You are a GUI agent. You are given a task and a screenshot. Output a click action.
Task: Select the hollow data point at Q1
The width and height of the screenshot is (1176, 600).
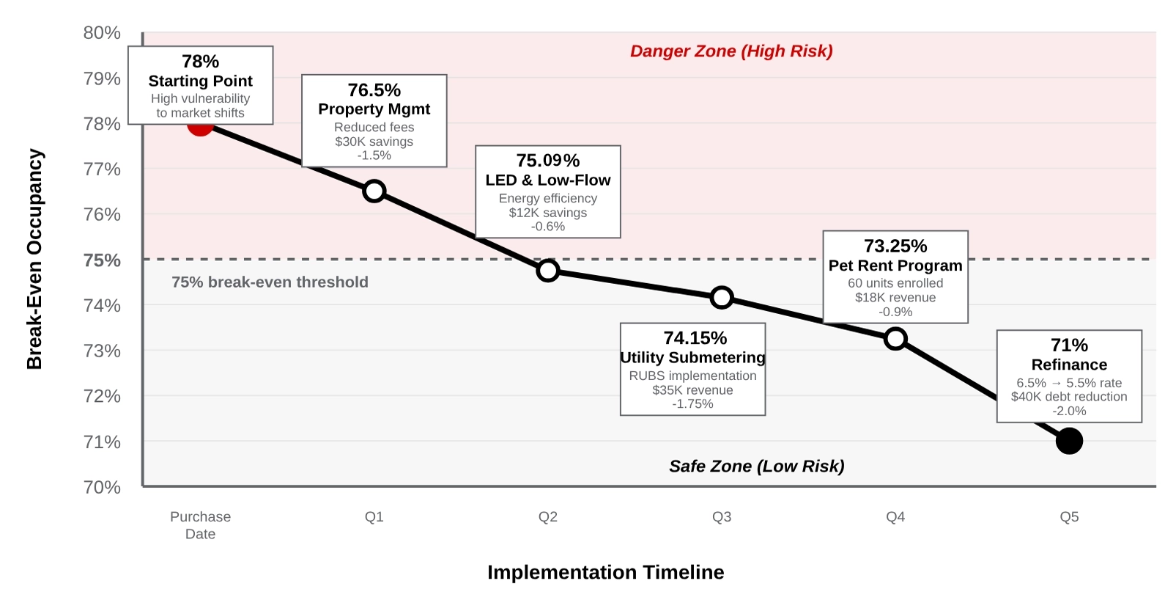point(374,191)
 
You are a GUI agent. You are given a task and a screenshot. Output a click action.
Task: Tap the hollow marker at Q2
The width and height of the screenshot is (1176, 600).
point(547,271)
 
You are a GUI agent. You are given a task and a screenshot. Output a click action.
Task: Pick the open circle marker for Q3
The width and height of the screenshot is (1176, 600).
point(722,297)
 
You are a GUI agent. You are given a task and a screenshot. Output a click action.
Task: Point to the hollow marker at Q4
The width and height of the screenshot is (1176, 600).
point(895,339)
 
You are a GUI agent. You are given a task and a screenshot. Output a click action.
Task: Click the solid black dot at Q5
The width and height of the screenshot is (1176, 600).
point(1069,441)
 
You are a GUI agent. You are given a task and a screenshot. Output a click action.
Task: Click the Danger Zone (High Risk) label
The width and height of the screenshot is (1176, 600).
point(731,51)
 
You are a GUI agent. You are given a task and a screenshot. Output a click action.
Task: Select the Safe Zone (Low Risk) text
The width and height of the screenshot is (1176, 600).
point(756,467)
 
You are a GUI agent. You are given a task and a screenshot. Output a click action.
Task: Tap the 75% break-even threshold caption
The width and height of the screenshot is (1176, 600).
point(270,282)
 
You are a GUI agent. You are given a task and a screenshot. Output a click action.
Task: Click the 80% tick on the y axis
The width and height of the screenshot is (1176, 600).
point(102,33)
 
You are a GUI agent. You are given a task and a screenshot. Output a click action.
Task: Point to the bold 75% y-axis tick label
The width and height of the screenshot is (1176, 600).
point(102,260)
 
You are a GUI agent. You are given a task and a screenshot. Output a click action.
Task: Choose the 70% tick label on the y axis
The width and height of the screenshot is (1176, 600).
point(102,487)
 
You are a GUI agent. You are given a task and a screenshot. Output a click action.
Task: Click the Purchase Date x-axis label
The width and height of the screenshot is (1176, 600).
point(200,525)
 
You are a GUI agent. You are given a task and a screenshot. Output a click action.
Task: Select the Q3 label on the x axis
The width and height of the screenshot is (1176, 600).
point(722,517)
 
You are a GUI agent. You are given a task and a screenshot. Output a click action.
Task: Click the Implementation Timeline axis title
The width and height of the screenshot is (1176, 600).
point(605,572)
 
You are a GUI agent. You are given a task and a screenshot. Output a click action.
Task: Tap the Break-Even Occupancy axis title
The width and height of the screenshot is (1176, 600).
point(34,259)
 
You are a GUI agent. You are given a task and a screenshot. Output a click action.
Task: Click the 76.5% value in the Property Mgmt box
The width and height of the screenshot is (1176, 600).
point(374,90)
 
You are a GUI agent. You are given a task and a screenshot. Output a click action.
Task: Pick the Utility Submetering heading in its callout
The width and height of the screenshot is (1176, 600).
point(692,357)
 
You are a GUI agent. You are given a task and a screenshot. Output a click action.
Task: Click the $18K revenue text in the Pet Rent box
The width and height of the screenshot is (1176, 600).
point(895,298)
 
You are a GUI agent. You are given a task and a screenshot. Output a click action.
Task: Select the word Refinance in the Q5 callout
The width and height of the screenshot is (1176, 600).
point(1069,365)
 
